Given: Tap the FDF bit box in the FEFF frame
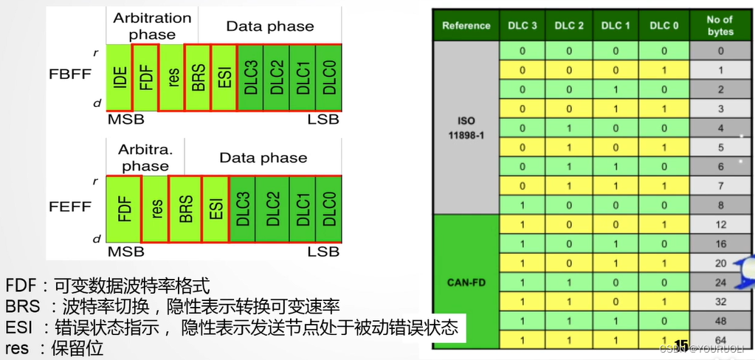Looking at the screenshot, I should tap(124, 209).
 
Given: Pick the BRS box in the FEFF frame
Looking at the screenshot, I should tap(185, 209).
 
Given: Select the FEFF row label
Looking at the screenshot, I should tap(71, 207).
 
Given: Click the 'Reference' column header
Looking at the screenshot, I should tap(466, 26).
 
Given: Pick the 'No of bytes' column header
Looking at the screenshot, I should tap(720, 26).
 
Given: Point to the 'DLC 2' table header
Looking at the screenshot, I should tap(569, 26).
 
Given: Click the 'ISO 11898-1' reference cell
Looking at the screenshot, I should tap(466, 127).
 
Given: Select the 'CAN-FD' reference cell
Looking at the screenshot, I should tap(466, 281).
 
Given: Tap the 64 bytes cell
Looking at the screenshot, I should tap(720, 339).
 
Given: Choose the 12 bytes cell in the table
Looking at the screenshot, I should tap(720, 224).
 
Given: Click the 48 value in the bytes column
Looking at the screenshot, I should tap(720, 321).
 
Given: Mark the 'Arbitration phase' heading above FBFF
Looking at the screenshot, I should tap(152, 26).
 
